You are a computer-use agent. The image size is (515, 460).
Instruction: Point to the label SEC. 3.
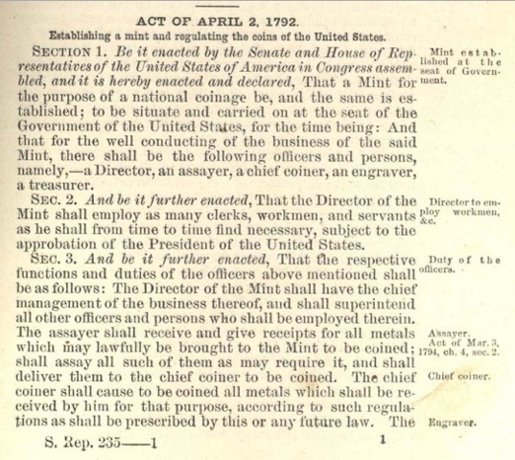(53, 260)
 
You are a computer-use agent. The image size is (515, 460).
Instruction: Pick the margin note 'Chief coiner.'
(458, 377)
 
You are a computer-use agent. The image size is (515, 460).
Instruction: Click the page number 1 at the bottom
(382, 439)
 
